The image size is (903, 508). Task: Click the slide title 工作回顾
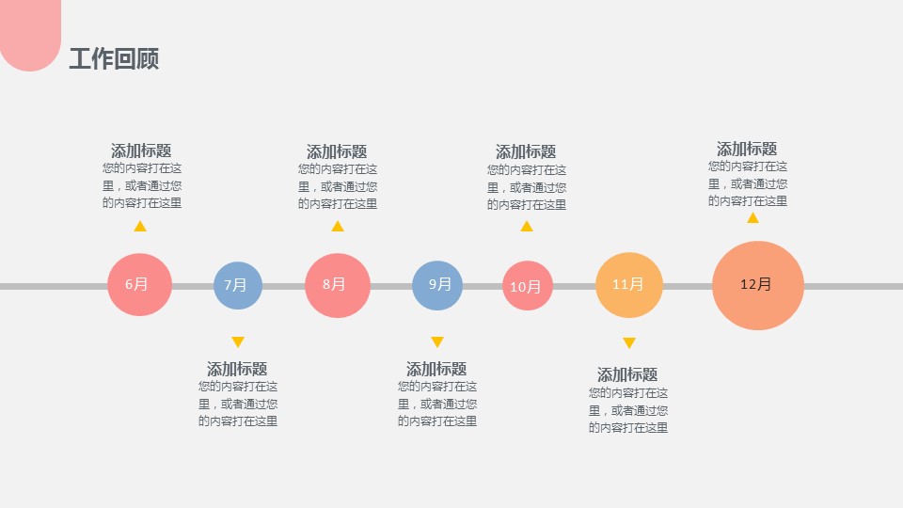point(114,59)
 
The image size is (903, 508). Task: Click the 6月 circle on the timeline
point(139,284)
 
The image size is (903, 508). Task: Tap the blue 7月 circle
point(237,285)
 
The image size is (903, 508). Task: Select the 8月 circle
point(337,285)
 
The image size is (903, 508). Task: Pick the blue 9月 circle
point(437,285)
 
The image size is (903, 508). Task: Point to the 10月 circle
point(527,286)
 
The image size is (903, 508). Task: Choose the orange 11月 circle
point(628,285)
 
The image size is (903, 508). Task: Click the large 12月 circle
point(757,285)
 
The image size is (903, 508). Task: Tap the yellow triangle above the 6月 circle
point(140,226)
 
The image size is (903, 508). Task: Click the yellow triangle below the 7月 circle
point(238,341)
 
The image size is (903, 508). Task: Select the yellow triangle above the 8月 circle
point(338,226)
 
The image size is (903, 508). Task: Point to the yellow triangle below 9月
point(437,341)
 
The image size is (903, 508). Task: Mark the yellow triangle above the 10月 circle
point(527,226)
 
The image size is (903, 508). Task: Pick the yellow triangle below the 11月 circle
point(629,342)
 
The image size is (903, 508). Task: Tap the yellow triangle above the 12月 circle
point(752,217)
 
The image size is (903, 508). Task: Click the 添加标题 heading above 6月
point(141,151)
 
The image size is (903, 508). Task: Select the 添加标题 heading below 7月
point(237,369)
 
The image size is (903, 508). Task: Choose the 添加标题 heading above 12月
point(747,149)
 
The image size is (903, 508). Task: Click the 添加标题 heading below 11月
point(627,374)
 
